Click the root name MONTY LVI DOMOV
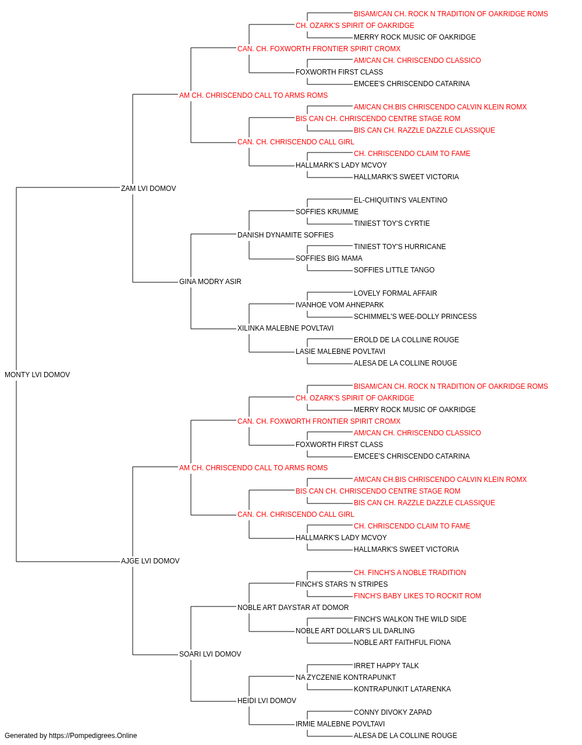(x=37, y=375)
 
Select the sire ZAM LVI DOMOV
(x=148, y=188)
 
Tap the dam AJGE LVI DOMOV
(x=150, y=561)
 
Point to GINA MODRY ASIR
(x=210, y=282)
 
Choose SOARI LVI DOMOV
(x=210, y=654)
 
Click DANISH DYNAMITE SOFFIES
(x=286, y=235)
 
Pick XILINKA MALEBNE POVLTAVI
(x=286, y=328)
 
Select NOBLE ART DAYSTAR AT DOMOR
(x=293, y=608)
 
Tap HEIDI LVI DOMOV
(x=267, y=701)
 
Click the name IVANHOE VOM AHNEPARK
(x=340, y=305)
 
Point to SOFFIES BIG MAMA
(x=329, y=258)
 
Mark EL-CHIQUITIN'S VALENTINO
(x=400, y=200)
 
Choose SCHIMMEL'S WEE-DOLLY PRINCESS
(x=415, y=317)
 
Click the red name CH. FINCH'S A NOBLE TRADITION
(x=410, y=573)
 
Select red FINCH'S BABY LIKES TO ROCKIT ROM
(x=417, y=596)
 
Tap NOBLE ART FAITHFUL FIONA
(x=402, y=643)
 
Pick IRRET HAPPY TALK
(x=386, y=666)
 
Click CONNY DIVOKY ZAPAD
(x=393, y=712)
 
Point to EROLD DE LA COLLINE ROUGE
(x=406, y=340)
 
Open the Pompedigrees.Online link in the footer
(x=93, y=736)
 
